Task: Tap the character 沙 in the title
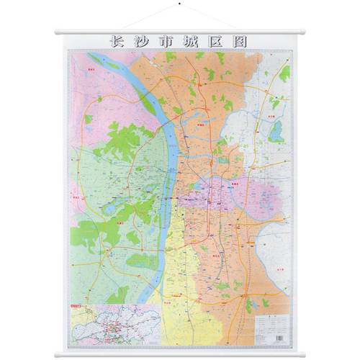[142, 41]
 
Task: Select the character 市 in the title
[166, 41]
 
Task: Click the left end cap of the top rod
[57, 31]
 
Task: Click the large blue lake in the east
[276, 131]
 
